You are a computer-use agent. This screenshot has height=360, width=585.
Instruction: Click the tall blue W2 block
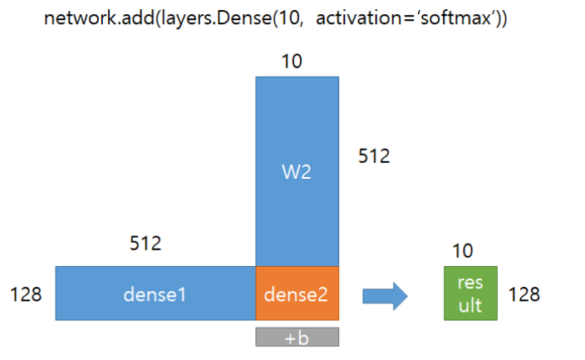pyautogui.click(x=297, y=170)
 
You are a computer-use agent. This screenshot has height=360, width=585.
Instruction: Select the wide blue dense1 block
pyautogui.click(x=155, y=293)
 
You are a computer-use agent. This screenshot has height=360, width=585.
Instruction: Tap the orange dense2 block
pyautogui.click(x=297, y=293)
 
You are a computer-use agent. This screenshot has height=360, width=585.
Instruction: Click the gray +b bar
pyautogui.click(x=297, y=337)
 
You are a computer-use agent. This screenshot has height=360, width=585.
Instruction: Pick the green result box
pyautogui.click(x=470, y=293)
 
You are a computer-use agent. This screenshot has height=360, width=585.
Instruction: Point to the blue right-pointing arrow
pyautogui.click(x=384, y=294)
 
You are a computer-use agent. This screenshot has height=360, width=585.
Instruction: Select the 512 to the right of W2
pyautogui.click(x=373, y=155)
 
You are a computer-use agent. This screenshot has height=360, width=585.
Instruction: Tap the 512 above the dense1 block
pyautogui.click(x=145, y=244)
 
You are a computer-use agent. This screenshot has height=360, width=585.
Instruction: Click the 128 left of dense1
pyautogui.click(x=25, y=294)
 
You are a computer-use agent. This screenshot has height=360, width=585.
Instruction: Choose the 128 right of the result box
pyautogui.click(x=524, y=294)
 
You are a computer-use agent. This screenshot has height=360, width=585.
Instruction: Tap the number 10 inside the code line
pyautogui.click(x=280, y=19)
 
